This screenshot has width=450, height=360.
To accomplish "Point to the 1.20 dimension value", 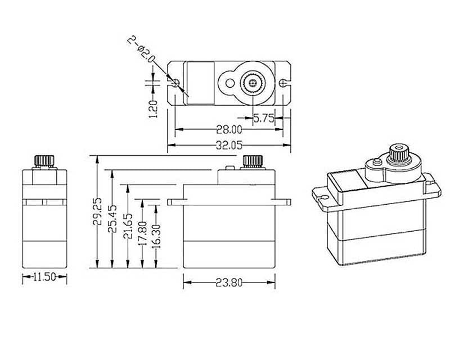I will click(151, 106).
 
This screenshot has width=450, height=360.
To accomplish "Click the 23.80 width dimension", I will click(229, 283).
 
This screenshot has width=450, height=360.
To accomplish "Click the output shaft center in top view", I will click(251, 83).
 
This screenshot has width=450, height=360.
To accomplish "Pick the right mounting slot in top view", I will click(283, 83).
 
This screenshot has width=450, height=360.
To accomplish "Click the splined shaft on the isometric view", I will click(398, 152).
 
